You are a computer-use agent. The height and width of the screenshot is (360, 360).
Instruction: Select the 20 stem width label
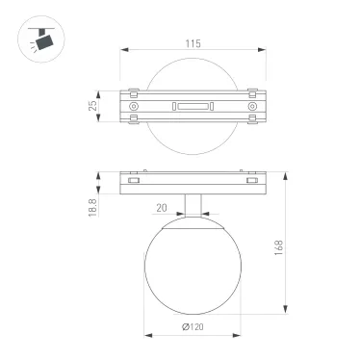(x=161, y=206)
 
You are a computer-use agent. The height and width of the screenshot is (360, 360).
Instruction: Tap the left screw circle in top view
(x=133, y=107)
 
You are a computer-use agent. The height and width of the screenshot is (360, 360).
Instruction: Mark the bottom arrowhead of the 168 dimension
(x=285, y=310)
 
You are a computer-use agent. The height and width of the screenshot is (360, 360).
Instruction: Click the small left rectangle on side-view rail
(x=135, y=180)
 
